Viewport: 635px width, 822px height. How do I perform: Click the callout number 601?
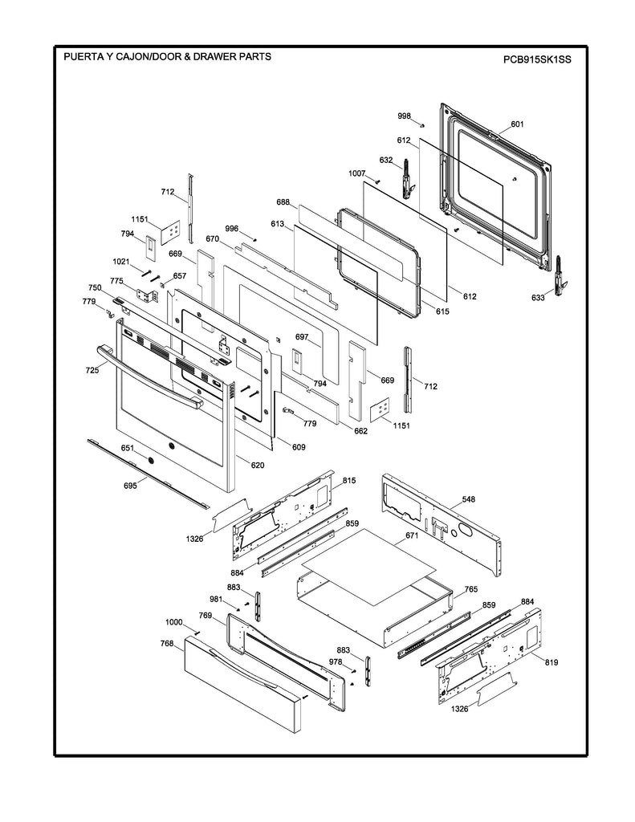(x=517, y=124)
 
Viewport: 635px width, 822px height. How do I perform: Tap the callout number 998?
(x=405, y=116)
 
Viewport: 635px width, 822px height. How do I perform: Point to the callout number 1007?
(x=357, y=173)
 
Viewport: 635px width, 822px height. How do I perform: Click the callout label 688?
(x=283, y=203)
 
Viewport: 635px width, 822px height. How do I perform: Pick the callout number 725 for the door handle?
(x=92, y=370)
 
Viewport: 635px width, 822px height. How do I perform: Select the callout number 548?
(x=468, y=499)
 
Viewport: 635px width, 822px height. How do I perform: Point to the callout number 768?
(x=166, y=643)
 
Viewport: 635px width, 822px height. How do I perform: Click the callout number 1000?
(x=174, y=623)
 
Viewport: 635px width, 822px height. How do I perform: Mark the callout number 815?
(x=349, y=480)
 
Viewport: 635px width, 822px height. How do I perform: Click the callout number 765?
(x=470, y=590)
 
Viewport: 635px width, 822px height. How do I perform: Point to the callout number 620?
(x=257, y=465)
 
